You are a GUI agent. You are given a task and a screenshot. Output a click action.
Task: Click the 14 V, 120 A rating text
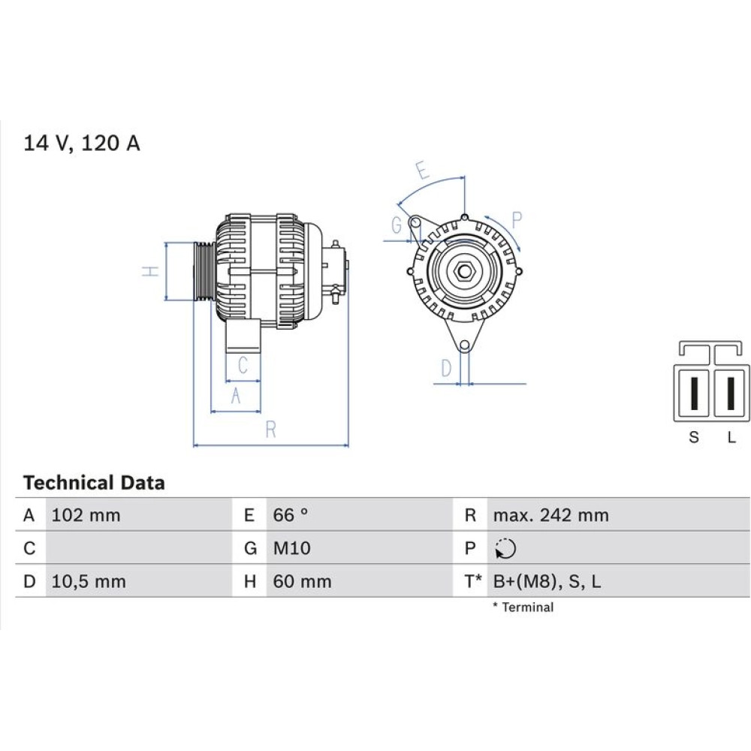click(82, 143)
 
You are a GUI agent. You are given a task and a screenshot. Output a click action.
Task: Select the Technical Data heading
click(94, 483)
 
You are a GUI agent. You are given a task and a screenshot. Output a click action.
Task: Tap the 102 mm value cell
click(86, 515)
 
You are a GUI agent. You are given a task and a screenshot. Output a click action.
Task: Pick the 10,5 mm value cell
click(89, 581)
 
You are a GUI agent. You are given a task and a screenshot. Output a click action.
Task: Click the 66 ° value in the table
click(291, 515)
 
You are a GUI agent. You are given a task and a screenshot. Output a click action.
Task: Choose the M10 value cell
click(291, 548)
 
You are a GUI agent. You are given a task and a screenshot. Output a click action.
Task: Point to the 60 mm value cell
click(302, 581)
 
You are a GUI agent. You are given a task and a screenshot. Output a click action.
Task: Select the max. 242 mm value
click(551, 515)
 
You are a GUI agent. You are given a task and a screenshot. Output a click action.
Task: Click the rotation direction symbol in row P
click(505, 549)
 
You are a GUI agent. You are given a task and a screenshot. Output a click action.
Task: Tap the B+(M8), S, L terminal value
click(547, 581)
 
